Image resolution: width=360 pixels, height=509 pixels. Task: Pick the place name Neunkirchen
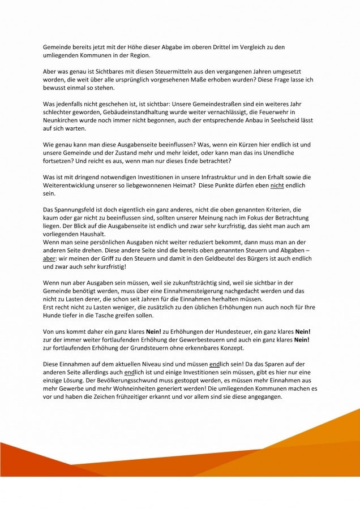63,121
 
